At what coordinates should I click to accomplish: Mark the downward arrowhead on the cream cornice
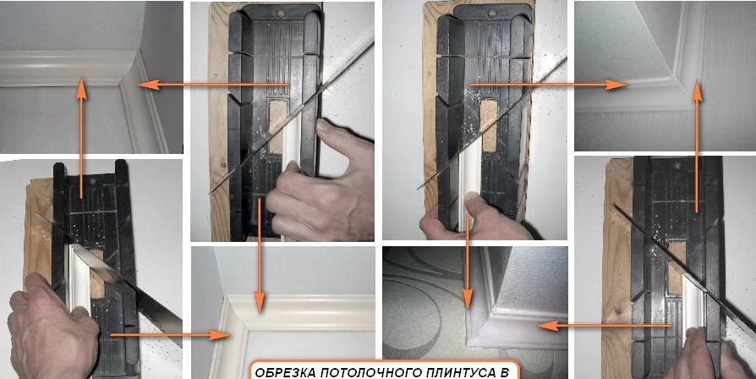tap(260, 303)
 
